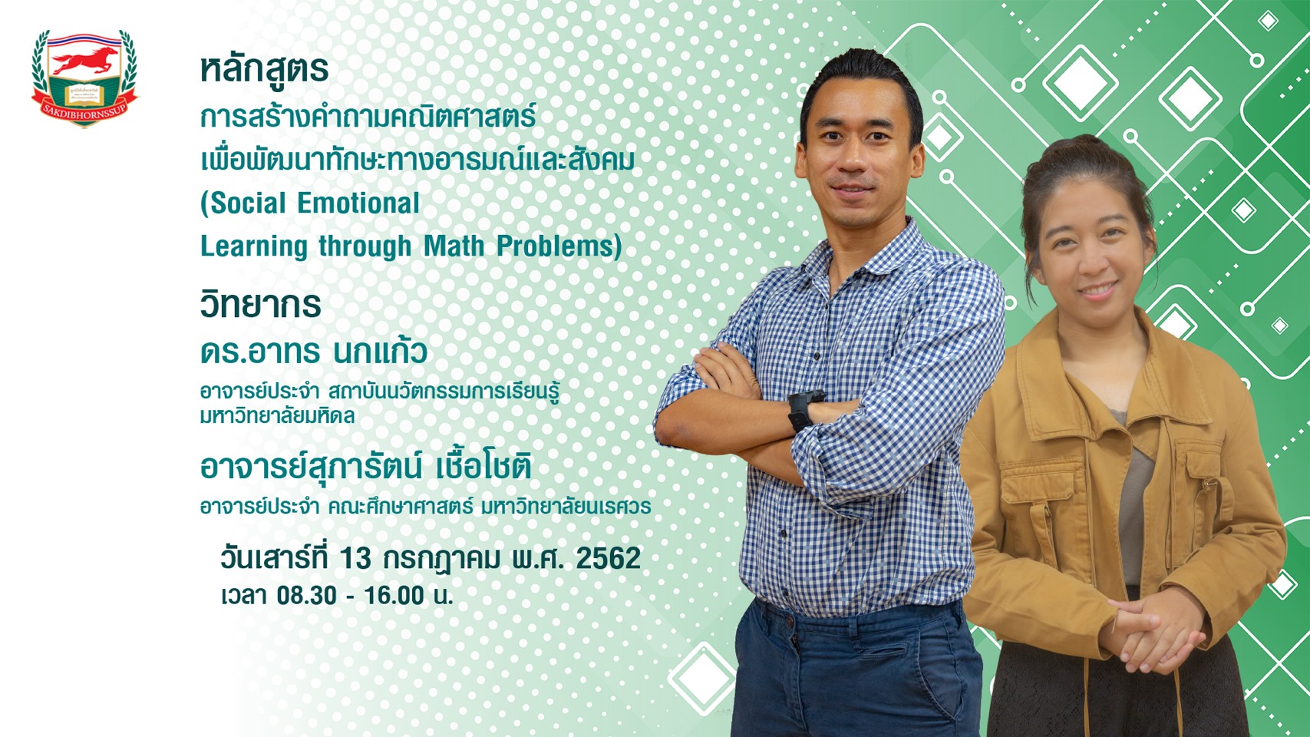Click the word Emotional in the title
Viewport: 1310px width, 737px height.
pos(358,203)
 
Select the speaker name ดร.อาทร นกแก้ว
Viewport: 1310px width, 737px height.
pos(313,352)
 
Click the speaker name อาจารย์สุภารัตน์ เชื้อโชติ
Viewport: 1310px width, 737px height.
pos(366,468)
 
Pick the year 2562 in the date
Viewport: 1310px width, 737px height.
pos(609,559)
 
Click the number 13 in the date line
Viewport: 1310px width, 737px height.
pos(355,559)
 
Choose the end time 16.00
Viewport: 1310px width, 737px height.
pos(394,596)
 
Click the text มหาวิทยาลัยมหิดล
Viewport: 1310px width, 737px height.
pos(277,416)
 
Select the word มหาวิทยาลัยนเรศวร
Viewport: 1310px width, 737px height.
pos(566,507)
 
